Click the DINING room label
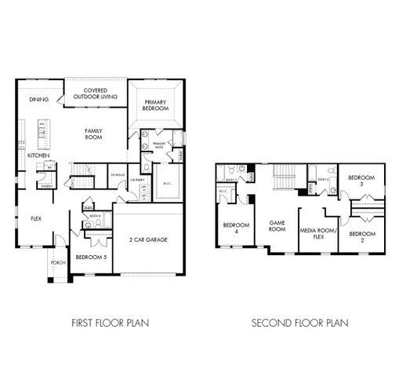pyautogui.click(x=38, y=100)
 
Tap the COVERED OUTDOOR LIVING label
pyautogui.click(x=95, y=94)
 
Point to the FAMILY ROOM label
pyautogui.click(x=94, y=134)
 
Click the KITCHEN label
pyautogui.click(x=38, y=156)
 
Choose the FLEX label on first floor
pyautogui.click(x=36, y=219)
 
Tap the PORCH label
pyautogui.click(x=57, y=262)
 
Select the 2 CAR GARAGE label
pyautogui.click(x=149, y=240)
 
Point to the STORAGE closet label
pyautogui.click(x=118, y=174)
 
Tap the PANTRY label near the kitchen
pyautogui.click(x=46, y=185)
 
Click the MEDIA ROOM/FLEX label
pyautogui.click(x=317, y=232)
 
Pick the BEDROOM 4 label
pyautogui.click(x=236, y=229)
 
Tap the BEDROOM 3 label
pyautogui.click(x=361, y=181)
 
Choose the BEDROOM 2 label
pyautogui.click(x=361, y=237)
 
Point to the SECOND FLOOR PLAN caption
pyautogui.click(x=300, y=322)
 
